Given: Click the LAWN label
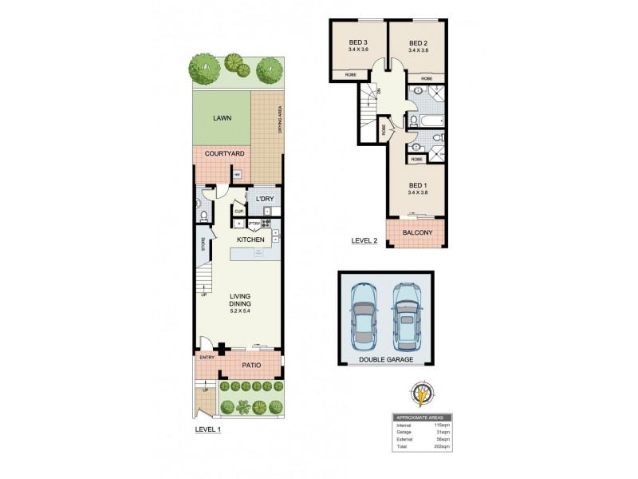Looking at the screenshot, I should click(222, 118).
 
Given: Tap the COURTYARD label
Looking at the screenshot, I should click(224, 153).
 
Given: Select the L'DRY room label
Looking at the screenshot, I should click(265, 197).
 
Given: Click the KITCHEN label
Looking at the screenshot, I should click(250, 239).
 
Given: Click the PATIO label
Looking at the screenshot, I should click(251, 365).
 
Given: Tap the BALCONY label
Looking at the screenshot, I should click(418, 232).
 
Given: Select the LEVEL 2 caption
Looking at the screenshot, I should click(364, 240).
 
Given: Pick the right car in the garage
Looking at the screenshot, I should click(407, 315).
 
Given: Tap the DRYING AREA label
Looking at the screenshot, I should click(280, 120).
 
